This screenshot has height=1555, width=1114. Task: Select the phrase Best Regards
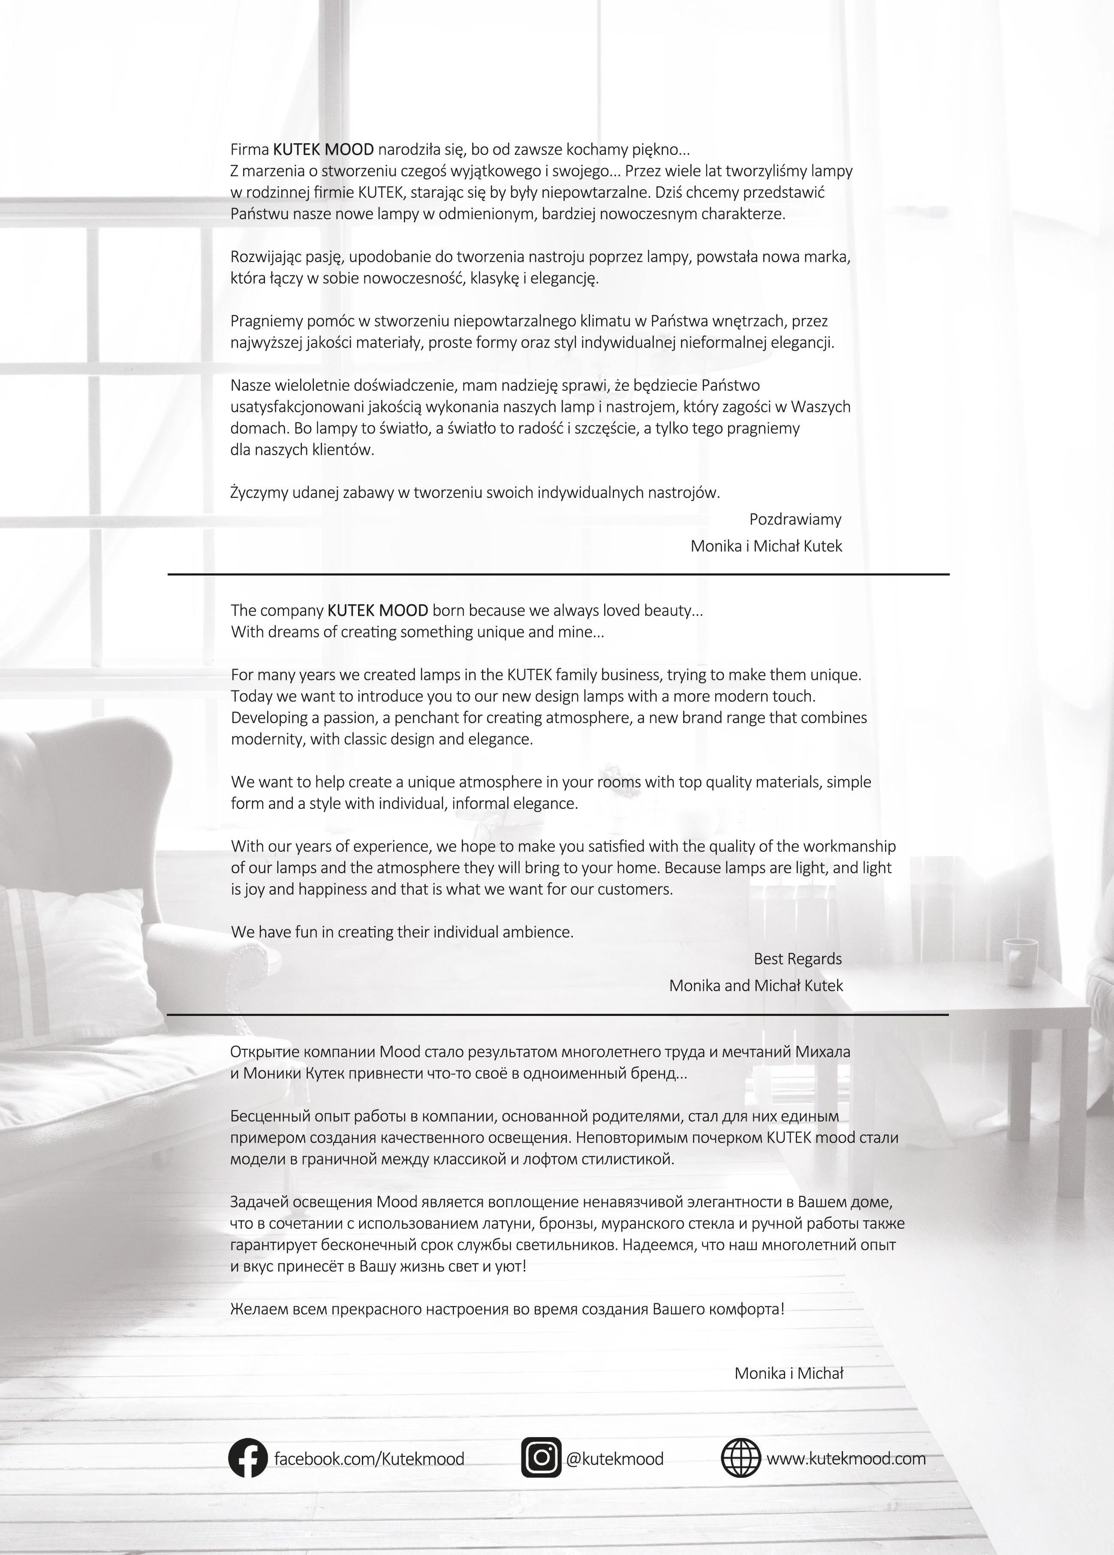797,958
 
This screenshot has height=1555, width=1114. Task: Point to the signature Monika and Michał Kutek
756,985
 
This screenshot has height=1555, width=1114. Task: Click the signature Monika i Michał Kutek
766,546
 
